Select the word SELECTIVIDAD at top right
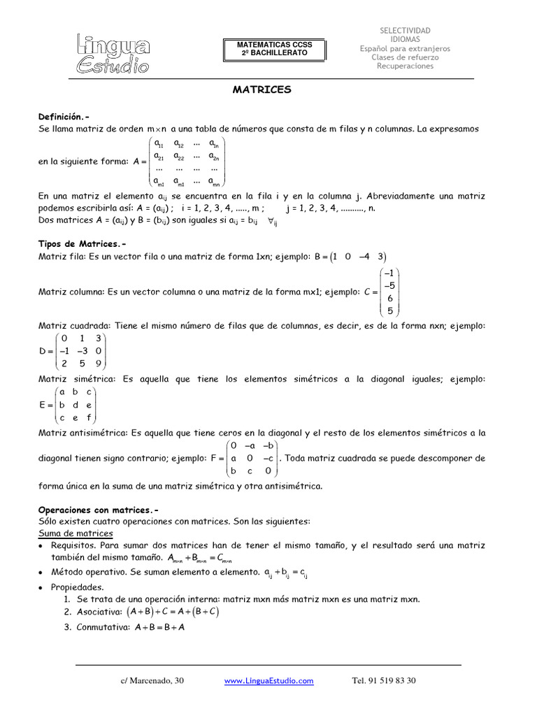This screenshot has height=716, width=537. coord(405,31)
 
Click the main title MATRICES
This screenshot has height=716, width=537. coord(262,90)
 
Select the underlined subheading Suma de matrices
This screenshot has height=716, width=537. coord(71,534)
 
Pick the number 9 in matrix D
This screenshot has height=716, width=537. coord(99,364)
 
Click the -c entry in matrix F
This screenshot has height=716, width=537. coord(268,459)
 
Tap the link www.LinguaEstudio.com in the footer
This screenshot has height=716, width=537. coord(268,680)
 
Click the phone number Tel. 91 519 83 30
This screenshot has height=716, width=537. coord(383,680)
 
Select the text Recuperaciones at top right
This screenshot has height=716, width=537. coord(405,66)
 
